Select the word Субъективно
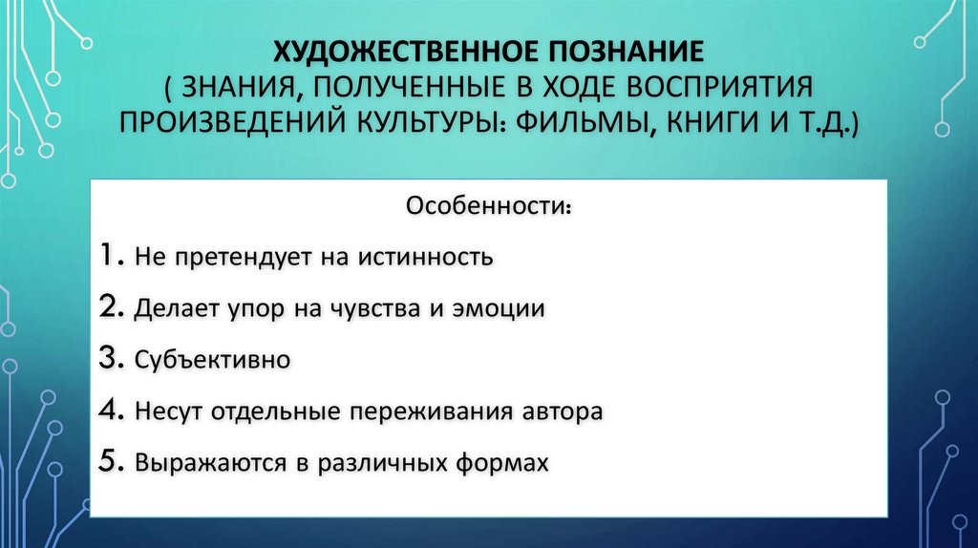pyautogui.click(x=212, y=362)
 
